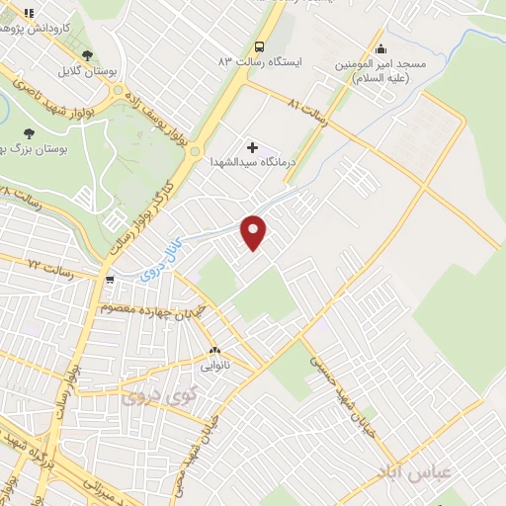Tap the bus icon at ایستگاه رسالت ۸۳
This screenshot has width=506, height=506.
(260, 45)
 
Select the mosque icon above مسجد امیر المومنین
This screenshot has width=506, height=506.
(380, 49)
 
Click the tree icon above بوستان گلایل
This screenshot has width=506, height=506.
(88, 55)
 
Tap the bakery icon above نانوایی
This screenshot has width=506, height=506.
(214, 350)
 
